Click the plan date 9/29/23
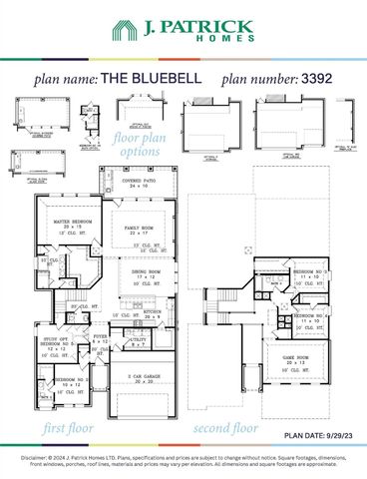pyautogui.click(x=338, y=436)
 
